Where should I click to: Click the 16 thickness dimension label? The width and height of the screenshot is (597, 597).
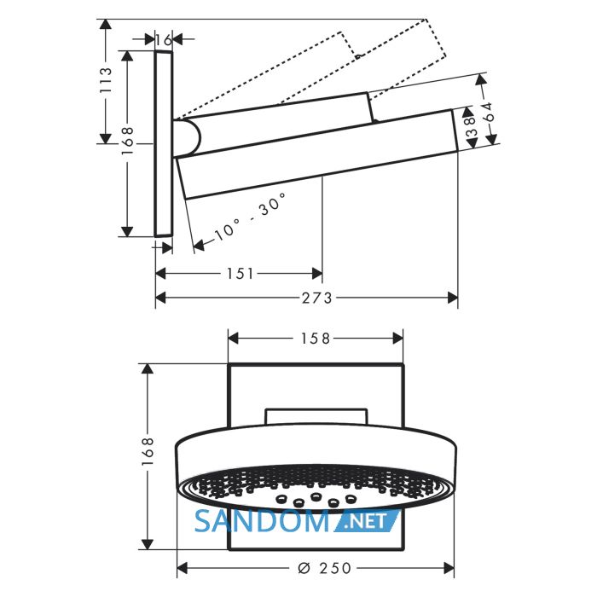click(164, 39)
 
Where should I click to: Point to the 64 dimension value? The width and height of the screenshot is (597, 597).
click(490, 111)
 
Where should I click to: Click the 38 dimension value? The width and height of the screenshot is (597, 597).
click(471, 126)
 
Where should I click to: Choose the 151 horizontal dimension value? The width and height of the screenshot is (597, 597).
click(240, 274)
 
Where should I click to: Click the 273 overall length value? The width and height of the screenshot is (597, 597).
click(317, 298)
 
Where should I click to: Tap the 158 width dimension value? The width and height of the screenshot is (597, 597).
click(316, 339)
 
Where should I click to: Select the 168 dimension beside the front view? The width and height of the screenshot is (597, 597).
click(148, 451)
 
